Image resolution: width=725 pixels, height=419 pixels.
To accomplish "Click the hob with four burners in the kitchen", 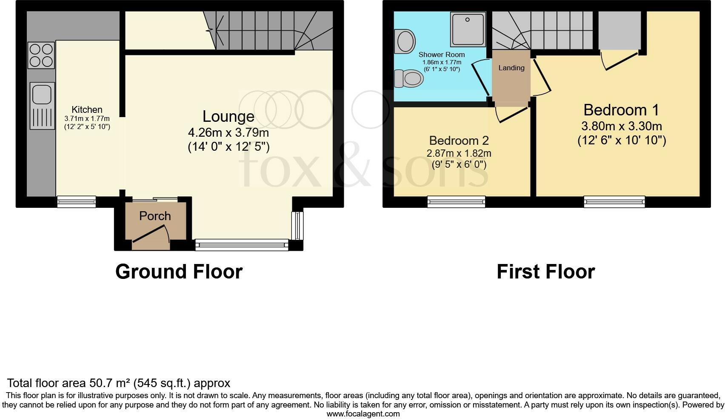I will click(41, 55).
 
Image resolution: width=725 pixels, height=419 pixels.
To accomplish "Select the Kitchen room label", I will click(87, 110).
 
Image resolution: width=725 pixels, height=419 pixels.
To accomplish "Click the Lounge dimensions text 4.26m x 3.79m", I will click(228, 132).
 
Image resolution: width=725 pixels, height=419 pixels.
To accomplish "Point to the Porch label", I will click(155, 216).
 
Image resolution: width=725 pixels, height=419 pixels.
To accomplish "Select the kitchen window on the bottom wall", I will click(77, 201).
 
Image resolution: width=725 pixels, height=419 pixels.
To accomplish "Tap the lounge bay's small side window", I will click(297, 226).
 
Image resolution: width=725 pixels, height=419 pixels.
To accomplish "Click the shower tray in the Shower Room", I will click(468, 29).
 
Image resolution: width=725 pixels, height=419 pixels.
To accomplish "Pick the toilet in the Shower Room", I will click(409, 79).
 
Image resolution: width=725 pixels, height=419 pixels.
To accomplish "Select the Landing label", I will click(511, 68).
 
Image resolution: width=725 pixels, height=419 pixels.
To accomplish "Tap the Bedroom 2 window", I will click(456, 201).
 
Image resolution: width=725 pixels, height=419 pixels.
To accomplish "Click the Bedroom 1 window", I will click(614, 201).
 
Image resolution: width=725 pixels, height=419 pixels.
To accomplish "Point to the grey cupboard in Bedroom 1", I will click(619, 30).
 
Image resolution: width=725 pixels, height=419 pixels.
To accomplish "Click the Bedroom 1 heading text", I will click(621, 110).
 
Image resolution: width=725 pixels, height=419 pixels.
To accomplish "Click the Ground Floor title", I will click(179, 272).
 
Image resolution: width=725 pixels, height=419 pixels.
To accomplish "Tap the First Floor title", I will click(545, 272).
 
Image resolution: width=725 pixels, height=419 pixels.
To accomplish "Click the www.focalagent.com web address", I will click(363, 413).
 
